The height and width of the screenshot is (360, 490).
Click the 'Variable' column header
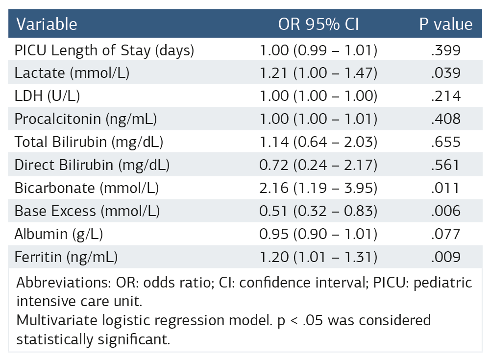click(x=47, y=24)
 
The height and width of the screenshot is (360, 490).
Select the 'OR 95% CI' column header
click(x=318, y=24)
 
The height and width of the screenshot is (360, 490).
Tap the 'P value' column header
click(x=446, y=24)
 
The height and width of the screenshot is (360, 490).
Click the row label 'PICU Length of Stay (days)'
click(x=104, y=50)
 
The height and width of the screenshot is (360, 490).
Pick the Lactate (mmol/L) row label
click(x=72, y=73)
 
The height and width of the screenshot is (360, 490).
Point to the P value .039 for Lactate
click(x=446, y=73)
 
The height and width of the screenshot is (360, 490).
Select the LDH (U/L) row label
click(x=47, y=96)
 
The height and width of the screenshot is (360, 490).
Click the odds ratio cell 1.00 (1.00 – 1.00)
click(x=318, y=96)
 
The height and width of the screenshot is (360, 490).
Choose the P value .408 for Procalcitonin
click(x=446, y=119)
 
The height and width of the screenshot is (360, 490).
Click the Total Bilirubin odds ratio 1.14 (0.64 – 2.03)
click(x=318, y=142)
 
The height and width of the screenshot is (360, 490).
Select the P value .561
click(x=446, y=165)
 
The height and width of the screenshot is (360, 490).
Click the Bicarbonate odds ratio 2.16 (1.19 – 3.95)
click(x=318, y=188)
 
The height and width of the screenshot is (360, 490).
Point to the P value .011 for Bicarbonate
click(x=446, y=188)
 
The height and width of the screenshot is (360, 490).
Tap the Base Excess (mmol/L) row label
click(x=87, y=211)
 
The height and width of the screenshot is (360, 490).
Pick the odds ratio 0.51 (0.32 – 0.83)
click(x=318, y=211)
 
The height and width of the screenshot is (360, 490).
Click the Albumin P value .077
click(x=446, y=234)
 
